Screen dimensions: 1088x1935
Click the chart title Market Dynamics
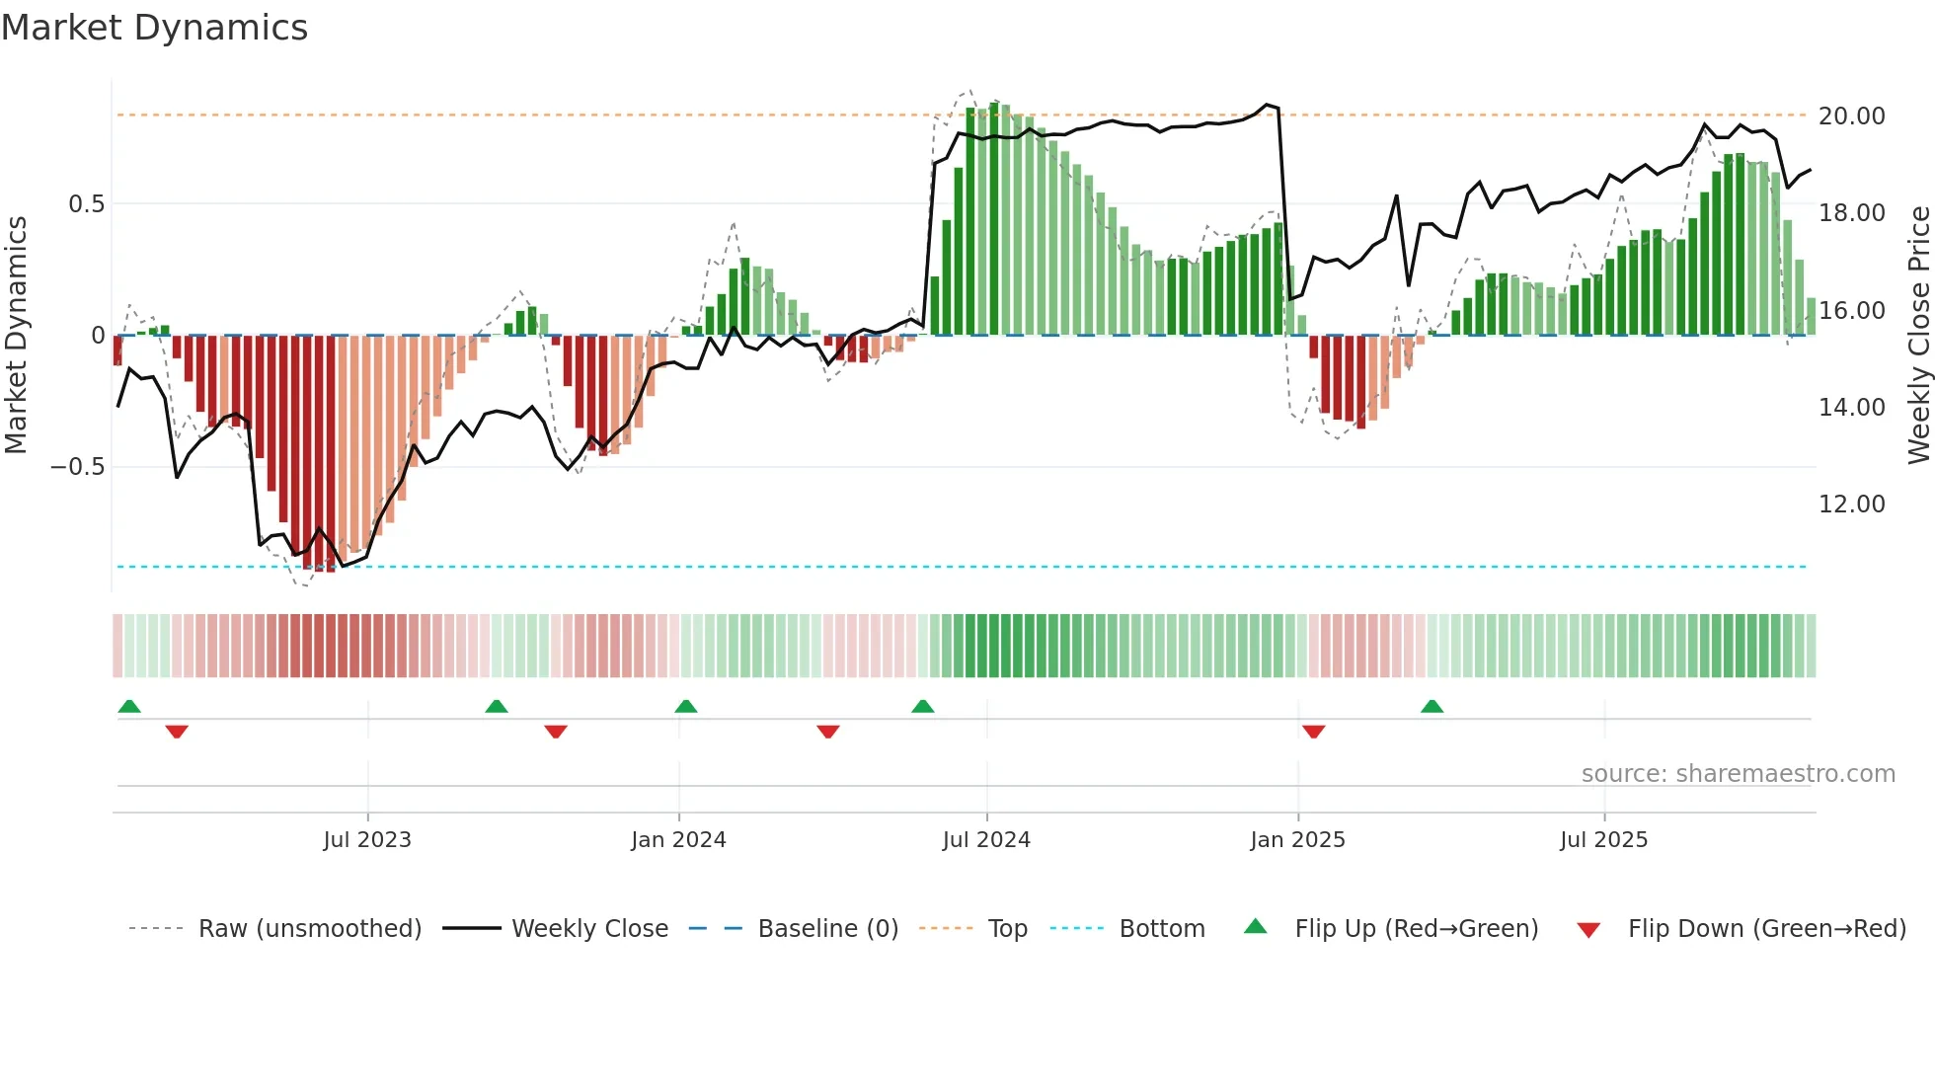coord(154,28)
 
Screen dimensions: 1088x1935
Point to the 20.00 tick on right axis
coord(1851,117)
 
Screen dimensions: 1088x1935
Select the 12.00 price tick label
coord(1851,505)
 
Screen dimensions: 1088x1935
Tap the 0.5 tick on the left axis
coord(86,204)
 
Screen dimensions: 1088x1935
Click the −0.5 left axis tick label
coord(78,467)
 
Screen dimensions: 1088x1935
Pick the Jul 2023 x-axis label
coord(367,840)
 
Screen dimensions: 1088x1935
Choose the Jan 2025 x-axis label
coord(1297,840)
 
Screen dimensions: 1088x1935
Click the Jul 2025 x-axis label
coord(1603,840)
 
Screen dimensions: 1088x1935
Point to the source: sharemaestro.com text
coord(1738,774)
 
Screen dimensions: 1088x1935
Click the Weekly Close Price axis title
coord(1918,335)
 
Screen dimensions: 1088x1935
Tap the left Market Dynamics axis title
coord(16,335)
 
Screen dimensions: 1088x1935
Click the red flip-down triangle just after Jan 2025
coord(1313,732)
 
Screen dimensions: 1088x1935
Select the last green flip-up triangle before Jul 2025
coord(1432,706)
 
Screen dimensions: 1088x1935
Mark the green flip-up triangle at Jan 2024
coord(685,706)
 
